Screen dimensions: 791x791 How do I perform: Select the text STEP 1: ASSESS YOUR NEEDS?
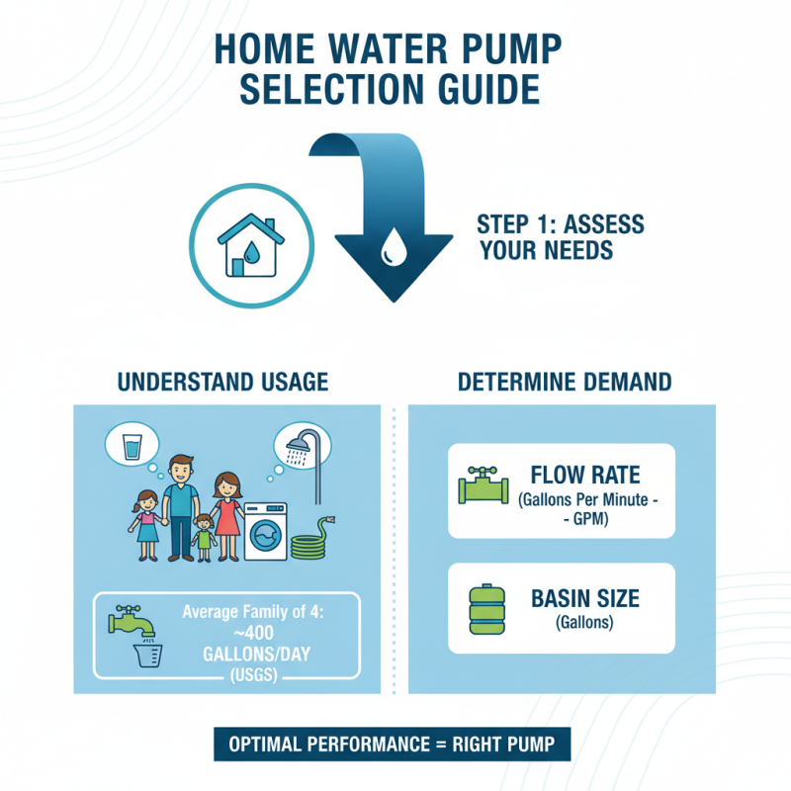click(560, 236)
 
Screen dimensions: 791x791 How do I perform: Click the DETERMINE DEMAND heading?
click(565, 381)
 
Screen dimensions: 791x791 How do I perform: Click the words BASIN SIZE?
click(585, 598)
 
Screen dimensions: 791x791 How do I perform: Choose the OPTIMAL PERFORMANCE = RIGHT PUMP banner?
click(394, 744)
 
